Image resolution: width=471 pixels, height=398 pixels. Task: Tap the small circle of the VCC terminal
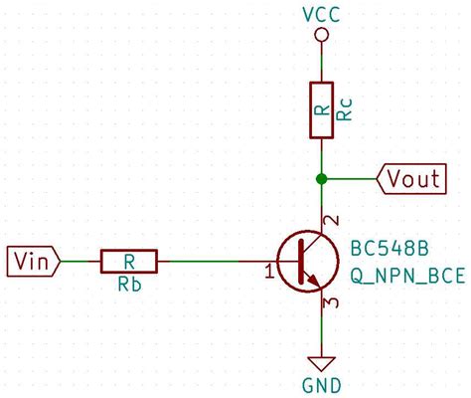tap(320, 36)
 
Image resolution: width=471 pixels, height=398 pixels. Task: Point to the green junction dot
tap(320, 179)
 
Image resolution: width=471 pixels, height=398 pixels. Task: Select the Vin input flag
tap(35, 261)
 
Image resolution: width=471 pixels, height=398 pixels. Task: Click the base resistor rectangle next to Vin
tap(128, 261)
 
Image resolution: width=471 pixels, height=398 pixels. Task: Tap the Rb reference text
tap(128, 285)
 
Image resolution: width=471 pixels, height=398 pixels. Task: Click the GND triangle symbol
tap(320, 362)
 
